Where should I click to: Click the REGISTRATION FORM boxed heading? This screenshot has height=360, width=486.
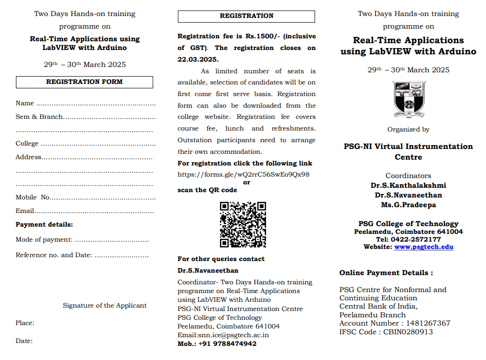(84, 82)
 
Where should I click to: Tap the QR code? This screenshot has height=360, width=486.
(243, 225)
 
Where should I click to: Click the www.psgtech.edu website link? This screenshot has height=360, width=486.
(423, 246)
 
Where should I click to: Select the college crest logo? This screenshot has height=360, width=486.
(409, 99)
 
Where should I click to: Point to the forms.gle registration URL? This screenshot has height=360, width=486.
(243, 175)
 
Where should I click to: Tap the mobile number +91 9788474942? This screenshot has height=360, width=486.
(227, 344)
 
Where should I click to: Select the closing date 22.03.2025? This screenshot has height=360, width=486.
(198, 60)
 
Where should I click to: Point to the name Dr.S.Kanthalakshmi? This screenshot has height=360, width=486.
(408, 185)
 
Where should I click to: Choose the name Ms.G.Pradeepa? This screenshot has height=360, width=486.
(408, 205)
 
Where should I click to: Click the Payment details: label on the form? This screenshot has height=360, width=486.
(44, 225)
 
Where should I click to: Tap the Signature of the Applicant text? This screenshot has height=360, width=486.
(104, 306)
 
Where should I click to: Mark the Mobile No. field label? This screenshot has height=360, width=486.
(33, 197)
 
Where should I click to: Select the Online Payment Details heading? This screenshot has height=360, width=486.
(386, 273)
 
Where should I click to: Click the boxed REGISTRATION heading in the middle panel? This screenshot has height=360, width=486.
(246, 16)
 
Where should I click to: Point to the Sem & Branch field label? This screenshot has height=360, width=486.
(39, 117)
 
